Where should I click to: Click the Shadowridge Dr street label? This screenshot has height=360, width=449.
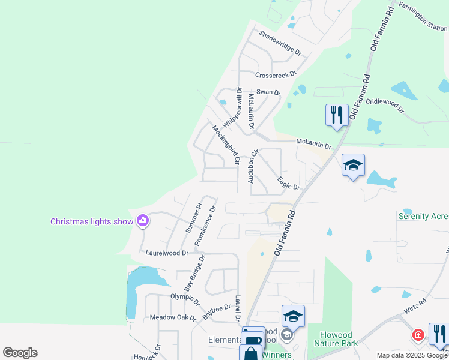point(280,43)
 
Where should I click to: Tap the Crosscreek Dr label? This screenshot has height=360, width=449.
point(276,75)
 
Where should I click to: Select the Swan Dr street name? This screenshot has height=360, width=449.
point(268,92)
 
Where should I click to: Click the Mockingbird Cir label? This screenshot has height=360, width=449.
point(226,145)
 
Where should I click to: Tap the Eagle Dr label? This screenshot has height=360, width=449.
point(288,183)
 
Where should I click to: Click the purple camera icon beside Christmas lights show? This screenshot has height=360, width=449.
point(143,221)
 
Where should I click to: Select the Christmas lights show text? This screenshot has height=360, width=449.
point(92,221)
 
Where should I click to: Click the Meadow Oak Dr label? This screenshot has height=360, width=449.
point(173,317)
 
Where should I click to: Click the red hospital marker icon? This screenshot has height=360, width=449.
point(418,334)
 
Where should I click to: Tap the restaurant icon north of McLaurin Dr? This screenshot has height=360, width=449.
point(337,114)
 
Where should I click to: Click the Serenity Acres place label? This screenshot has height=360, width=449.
point(423,216)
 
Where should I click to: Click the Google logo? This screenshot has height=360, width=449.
point(20,353)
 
